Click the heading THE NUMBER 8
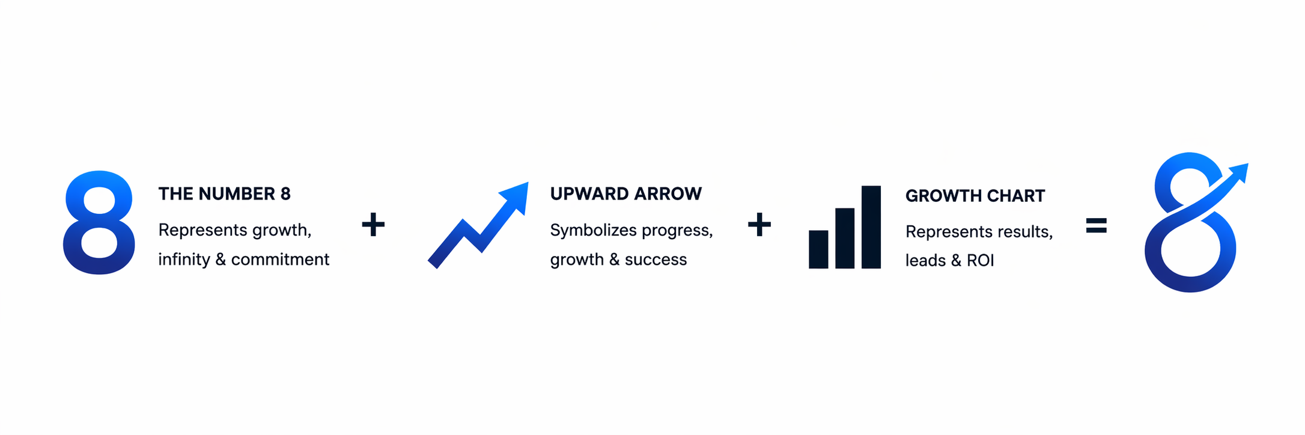click(224, 194)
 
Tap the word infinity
click(184, 259)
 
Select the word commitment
click(280, 260)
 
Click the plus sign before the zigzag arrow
click(373, 225)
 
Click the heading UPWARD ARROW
click(626, 193)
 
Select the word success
click(656, 260)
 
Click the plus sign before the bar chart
click(759, 225)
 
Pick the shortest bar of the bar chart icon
click(818, 249)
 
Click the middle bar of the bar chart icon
click(845, 239)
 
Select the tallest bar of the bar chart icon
click(871, 227)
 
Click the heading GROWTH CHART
click(975, 196)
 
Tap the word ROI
click(981, 261)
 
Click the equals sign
click(1097, 225)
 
